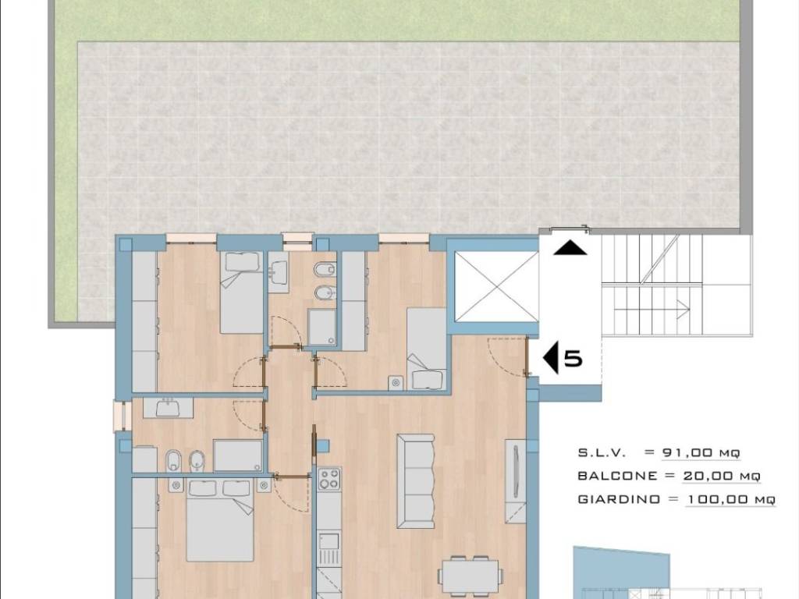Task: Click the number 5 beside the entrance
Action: (574, 359)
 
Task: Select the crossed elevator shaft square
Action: (495, 286)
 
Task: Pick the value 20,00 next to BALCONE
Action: (707, 476)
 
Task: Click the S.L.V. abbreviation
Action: (602, 452)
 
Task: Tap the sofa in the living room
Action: (416, 480)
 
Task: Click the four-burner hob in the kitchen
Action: (329, 479)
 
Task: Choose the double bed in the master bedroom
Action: (220, 519)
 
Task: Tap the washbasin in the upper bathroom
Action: (278, 270)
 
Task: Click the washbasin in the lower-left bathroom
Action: (169, 407)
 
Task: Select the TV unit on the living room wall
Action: (516, 480)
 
